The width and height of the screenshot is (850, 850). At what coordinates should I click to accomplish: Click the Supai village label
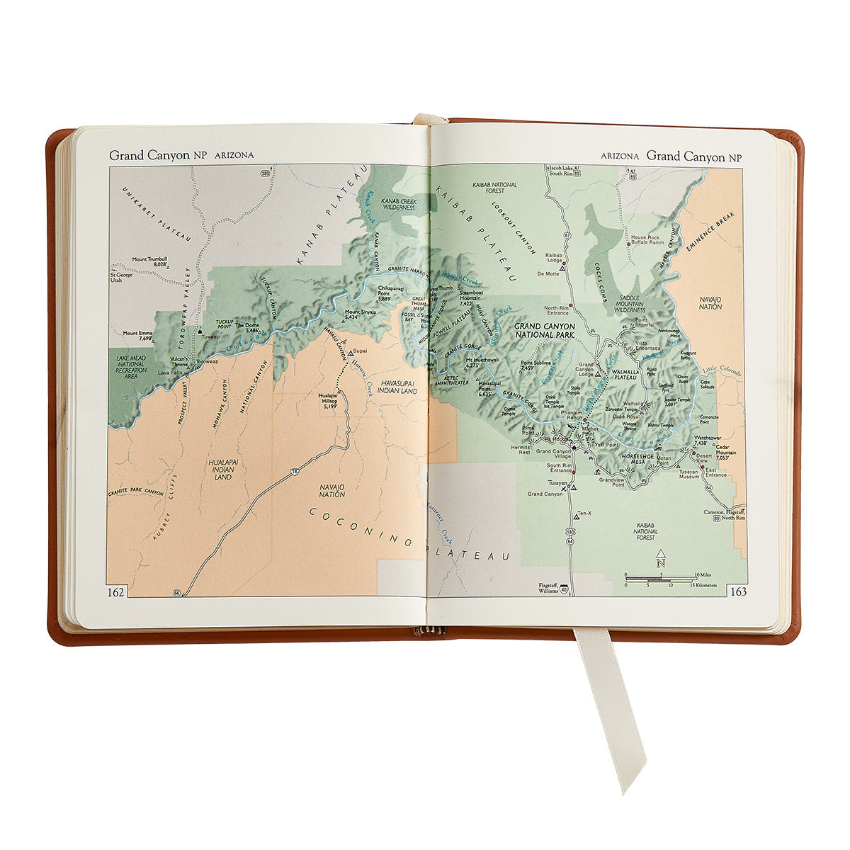click(360, 351)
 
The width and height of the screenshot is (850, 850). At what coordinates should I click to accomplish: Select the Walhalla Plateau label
click(624, 375)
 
